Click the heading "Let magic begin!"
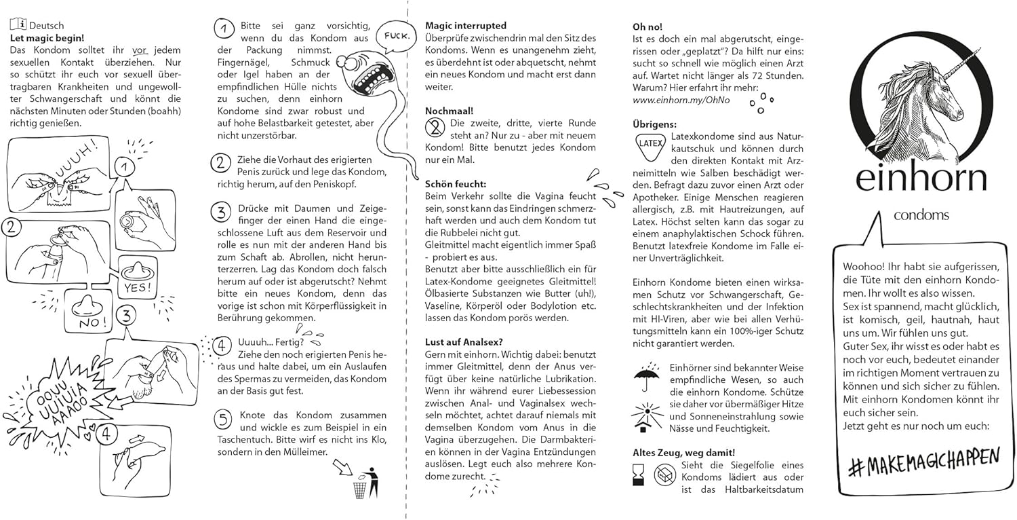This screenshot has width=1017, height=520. tap(47, 38)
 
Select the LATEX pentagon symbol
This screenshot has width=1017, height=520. tap(648, 144)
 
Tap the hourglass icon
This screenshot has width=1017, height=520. tap(638, 474)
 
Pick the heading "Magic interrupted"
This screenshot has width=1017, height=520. tap(466, 26)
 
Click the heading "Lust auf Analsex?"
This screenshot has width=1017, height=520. tap(464, 341)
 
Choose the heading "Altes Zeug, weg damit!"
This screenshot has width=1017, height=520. tap(683, 452)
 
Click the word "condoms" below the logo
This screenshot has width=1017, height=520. tap(921, 215)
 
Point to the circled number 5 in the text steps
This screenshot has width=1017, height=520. tap(223, 420)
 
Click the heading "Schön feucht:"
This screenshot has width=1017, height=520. tap(456, 183)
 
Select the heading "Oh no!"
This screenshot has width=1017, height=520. tap(647, 26)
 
